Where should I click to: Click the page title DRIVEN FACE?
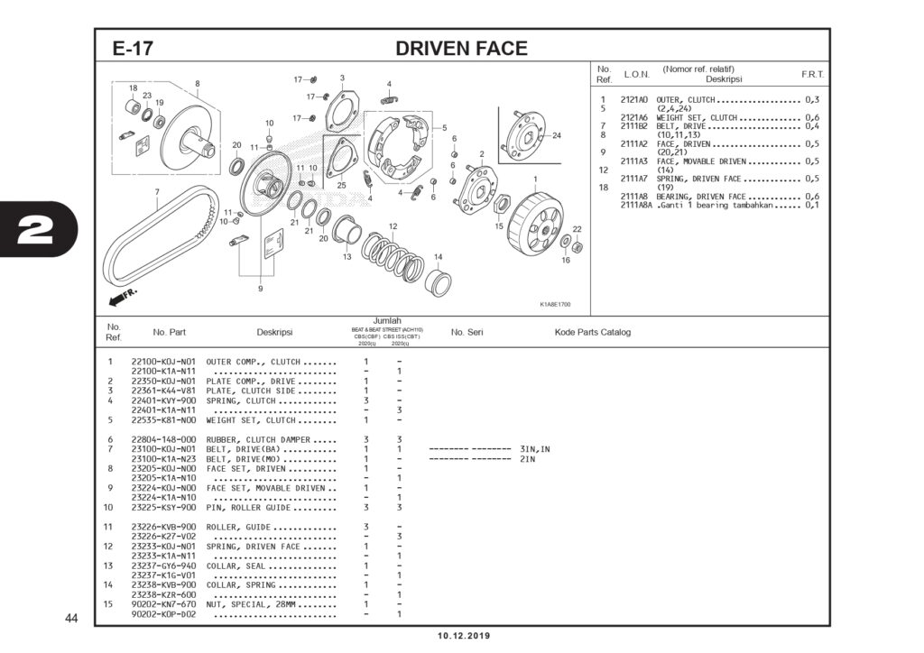pyautogui.click(x=461, y=49)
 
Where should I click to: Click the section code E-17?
pyautogui.click(x=132, y=50)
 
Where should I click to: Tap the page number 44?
pyautogui.click(x=72, y=619)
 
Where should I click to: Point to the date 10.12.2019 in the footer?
pyautogui.click(x=464, y=636)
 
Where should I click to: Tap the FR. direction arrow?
pyautogui.click(x=123, y=297)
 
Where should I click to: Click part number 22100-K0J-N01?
pyautogui.click(x=163, y=362)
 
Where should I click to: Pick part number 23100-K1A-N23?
pyautogui.click(x=163, y=458)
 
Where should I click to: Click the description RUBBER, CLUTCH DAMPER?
pyautogui.click(x=259, y=439)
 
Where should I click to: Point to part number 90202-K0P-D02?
pyautogui.click(x=163, y=614)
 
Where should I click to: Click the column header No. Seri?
pyautogui.click(x=467, y=332)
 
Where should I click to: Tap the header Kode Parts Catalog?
pyautogui.click(x=592, y=332)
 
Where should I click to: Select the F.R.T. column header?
pyautogui.click(x=812, y=74)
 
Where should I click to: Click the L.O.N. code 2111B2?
pyautogui.click(x=634, y=125)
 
